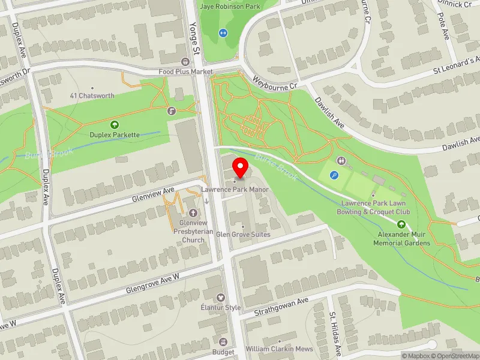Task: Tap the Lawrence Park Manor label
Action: click(x=234, y=190)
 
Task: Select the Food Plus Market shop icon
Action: click(x=185, y=62)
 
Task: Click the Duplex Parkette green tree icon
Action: click(x=114, y=125)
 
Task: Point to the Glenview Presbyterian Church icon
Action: click(x=193, y=213)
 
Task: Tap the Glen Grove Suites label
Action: click(x=243, y=235)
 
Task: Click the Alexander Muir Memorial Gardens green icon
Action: click(x=401, y=224)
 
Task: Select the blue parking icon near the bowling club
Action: click(x=334, y=175)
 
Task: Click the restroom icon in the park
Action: click(x=341, y=161)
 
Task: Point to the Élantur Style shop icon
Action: click(x=220, y=298)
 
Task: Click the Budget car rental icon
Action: click(x=223, y=342)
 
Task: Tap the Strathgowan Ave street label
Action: click(x=281, y=305)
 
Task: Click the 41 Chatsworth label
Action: click(x=92, y=96)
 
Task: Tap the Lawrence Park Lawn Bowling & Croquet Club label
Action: click(x=375, y=208)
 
